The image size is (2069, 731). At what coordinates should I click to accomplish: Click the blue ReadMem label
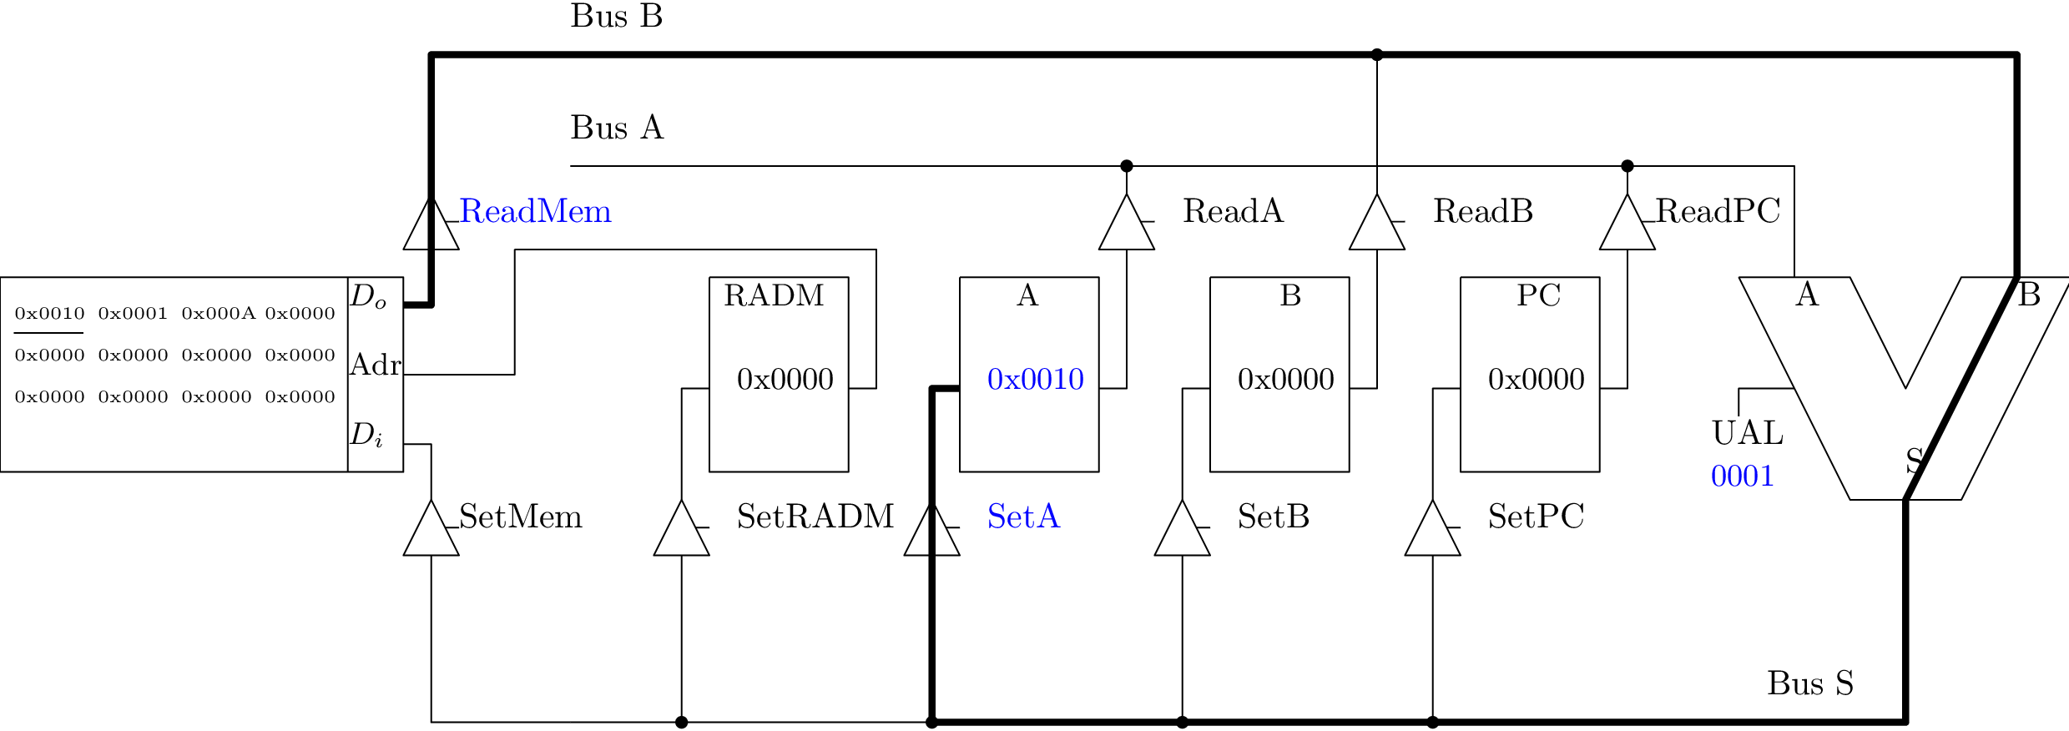[535, 212]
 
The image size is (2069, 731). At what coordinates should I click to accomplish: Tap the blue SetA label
[1023, 517]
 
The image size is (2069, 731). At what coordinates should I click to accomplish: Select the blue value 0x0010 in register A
[1035, 380]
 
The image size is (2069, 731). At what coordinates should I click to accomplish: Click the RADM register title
[774, 296]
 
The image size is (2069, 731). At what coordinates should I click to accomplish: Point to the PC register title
[1538, 296]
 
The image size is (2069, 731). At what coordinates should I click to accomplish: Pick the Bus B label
[616, 17]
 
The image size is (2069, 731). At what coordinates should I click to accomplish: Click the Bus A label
[617, 129]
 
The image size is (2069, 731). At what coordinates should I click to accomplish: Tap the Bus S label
[1809, 684]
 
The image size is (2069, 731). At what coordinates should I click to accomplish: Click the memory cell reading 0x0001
[133, 314]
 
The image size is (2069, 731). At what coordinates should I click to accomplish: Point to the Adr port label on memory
[376, 365]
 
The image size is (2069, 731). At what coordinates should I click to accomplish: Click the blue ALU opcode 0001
[1742, 476]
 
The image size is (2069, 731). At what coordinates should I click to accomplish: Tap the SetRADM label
[815, 517]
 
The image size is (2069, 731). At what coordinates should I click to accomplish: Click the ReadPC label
[1718, 212]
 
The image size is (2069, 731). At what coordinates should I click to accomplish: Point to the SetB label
[1273, 517]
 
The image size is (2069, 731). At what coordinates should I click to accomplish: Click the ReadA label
[1233, 212]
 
